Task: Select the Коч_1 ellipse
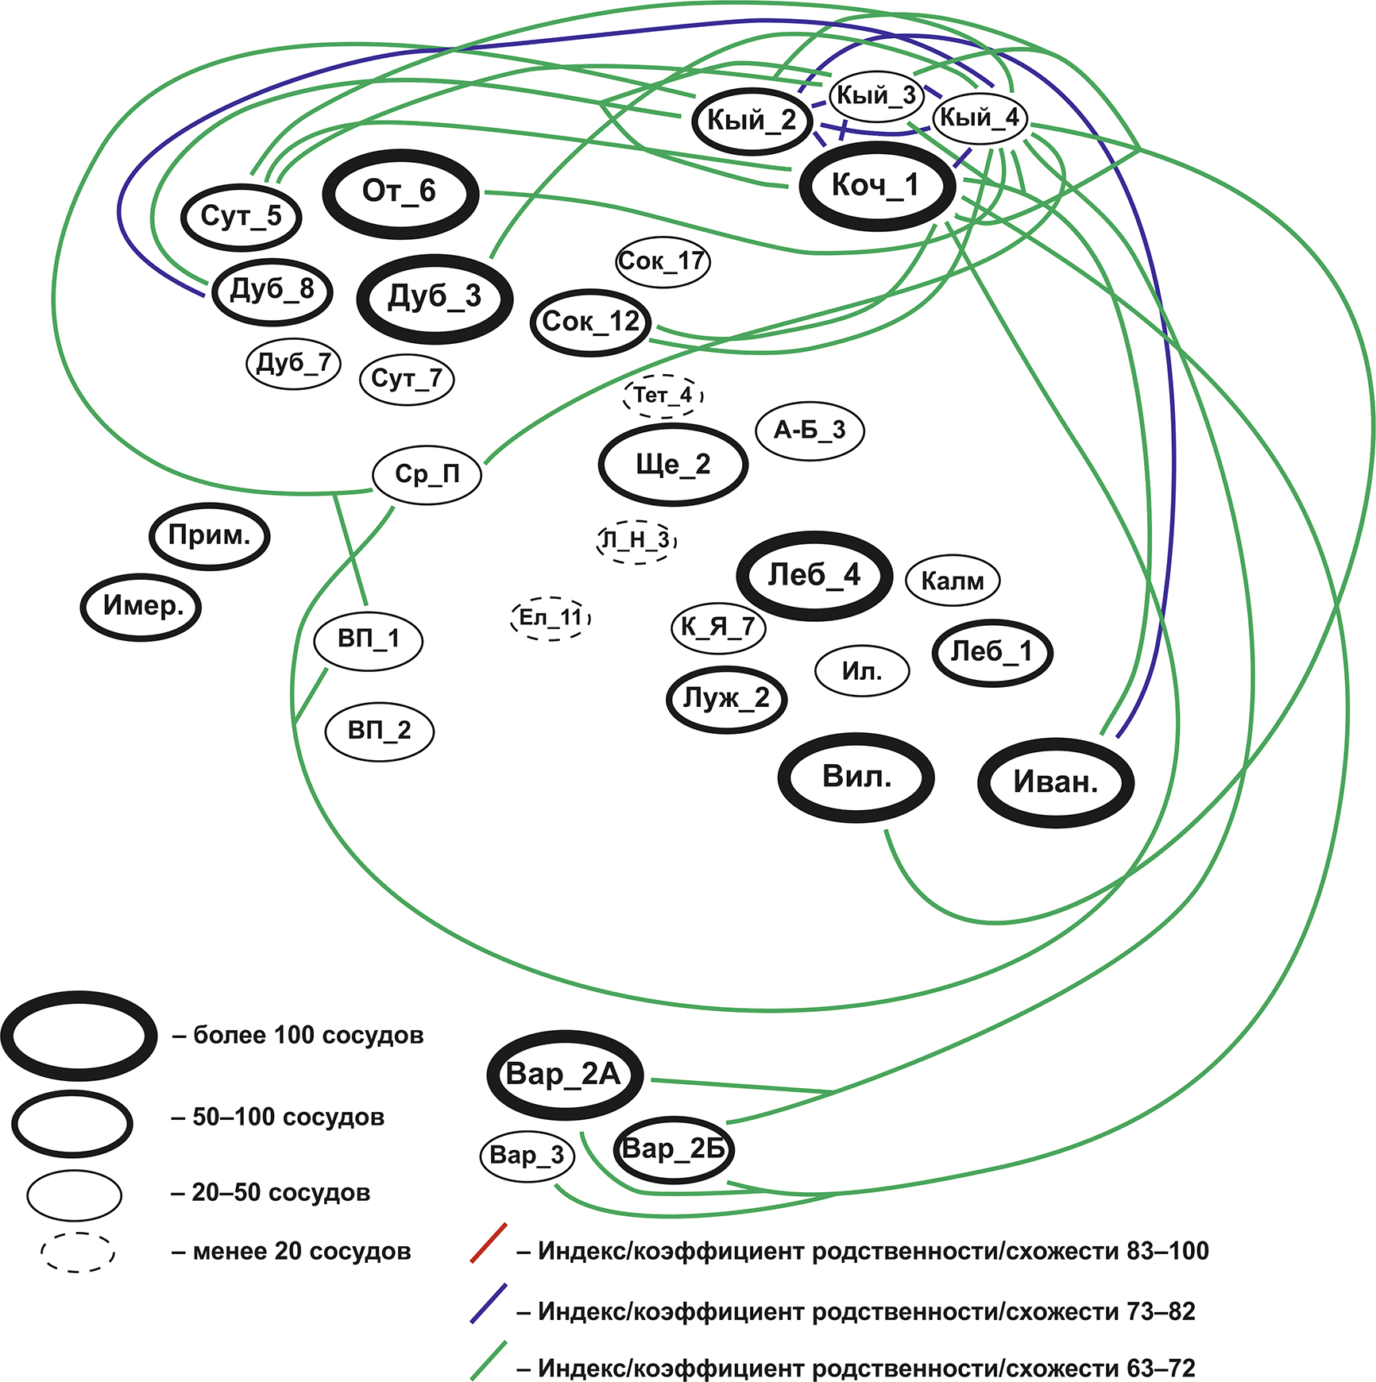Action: click(876, 186)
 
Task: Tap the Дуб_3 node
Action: click(435, 298)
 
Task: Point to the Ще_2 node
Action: click(673, 465)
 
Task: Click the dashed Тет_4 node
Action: click(663, 395)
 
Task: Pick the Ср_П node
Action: click(427, 474)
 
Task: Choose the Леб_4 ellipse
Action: click(814, 575)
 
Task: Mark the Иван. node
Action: click(1055, 782)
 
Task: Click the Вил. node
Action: click(856, 777)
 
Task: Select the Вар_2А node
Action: click(564, 1075)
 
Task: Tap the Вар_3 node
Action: click(527, 1155)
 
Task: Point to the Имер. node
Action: click(142, 607)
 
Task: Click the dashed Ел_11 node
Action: click(551, 618)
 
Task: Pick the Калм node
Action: click(953, 581)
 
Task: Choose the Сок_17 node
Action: click(663, 261)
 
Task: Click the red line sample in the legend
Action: click(489, 1243)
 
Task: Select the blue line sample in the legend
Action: click(489, 1303)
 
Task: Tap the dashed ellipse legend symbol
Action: click(78, 1253)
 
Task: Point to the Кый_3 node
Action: click(876, 96)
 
